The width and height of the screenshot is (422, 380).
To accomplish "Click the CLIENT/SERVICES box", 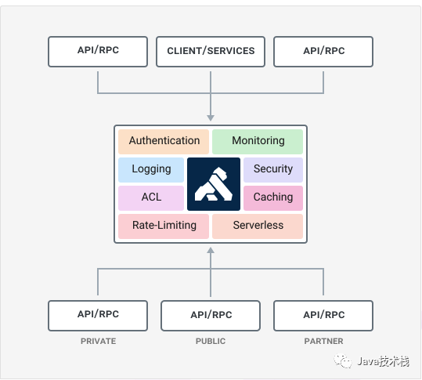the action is click(x=211, y=52).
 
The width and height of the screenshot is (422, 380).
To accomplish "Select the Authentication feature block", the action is click(x=164, y=142).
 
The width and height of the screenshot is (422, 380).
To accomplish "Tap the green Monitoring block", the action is click(x=258, y=142).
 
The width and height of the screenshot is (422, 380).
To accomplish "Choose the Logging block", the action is click(x=151, y=170).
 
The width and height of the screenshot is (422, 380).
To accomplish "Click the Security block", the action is click(x=273, y=170).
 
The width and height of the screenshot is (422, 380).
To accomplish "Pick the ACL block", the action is click(x=151, y=198).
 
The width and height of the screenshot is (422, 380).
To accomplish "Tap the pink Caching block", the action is click(x=273, y=198).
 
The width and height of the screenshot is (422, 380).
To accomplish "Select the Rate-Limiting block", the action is click(x=164, y=226).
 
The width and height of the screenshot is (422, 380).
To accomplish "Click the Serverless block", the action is click(x=258, y=226).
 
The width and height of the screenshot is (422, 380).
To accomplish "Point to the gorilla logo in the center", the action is click(x=214, y=184).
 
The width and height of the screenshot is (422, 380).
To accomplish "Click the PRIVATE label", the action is click(x=98, y=341).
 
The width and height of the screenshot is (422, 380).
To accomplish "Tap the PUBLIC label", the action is click(x=211, y=341).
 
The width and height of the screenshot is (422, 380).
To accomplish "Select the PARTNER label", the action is click(x=323, y=341).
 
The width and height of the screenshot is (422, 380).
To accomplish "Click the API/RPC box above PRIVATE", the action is click(x=98, y=316).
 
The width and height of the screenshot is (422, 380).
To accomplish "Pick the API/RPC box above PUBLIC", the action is click(x=211, y=316).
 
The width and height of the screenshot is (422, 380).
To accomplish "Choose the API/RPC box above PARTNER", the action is click(x=323, y=316).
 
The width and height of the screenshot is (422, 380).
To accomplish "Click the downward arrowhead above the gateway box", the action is click(x=211, y=118).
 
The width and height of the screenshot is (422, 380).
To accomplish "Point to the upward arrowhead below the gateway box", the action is click(x=211, y=251).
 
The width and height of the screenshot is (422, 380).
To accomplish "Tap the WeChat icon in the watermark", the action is click(x=343, y=360).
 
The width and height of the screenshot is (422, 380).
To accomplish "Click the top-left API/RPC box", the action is click(x=98, y=52).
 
